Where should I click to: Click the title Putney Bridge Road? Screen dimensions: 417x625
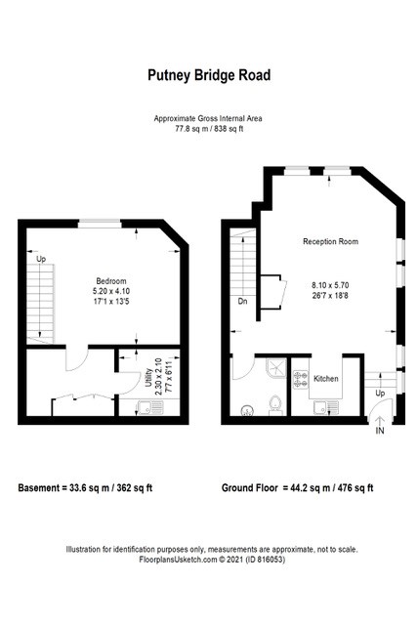tap(209, 75)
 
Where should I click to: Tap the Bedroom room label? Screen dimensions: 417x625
tap(111, 281)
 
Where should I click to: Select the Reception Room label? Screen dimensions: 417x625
tap(330, 241)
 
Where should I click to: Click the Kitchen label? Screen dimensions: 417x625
tap(326, 379)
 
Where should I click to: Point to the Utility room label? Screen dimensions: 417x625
tap(149, 378)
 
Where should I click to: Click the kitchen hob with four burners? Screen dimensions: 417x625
tap(301, 380)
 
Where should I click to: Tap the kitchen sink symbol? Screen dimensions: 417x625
tap(326, 407)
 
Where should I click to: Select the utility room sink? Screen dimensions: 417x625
tap(149, 408)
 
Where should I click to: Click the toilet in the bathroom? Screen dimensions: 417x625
tap(275, 404)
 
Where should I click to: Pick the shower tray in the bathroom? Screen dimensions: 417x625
tap(276, 367)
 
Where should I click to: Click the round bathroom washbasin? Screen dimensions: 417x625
tap(247, 411)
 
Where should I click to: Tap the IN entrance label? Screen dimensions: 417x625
tap(380, 431)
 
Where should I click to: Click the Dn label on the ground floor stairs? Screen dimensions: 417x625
tap(243, 302)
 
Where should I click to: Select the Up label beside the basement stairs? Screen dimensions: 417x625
tap(41, 259)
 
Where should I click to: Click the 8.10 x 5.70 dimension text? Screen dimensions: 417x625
tap(330, 285)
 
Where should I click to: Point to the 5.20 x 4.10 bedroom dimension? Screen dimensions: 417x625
tap(111, 291)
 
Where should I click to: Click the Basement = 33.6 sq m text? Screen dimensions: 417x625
tap(85, 488)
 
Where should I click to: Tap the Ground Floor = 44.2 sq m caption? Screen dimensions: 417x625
tap(298, 488)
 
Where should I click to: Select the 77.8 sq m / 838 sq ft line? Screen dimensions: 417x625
tap(209, 129)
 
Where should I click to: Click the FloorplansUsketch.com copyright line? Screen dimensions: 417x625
tap(212, 560)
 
